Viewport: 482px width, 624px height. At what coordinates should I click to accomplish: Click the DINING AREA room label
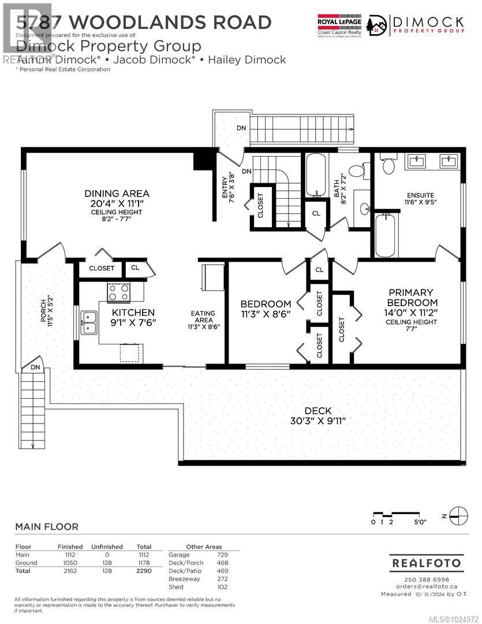pyautogui.click(x=117, y=194)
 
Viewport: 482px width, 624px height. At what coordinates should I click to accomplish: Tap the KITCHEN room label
pyautogui.click(x=133, y=312)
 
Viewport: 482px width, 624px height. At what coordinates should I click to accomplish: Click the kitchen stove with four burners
pyautogui.click(x=118, y=292)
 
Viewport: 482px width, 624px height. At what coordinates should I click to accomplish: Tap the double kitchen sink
pyautogui.click(x=89, y=322)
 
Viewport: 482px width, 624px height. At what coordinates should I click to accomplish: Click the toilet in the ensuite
pyautogui.click(x=388, y=163)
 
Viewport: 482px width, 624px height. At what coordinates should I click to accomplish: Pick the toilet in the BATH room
pyautogui.click(x=357, y=170)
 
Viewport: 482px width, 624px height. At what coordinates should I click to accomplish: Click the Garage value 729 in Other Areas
pyautogui.click(x=222, y=554)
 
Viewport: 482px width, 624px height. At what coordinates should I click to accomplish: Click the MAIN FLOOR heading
pyautogui.click(x=47, y=526)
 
